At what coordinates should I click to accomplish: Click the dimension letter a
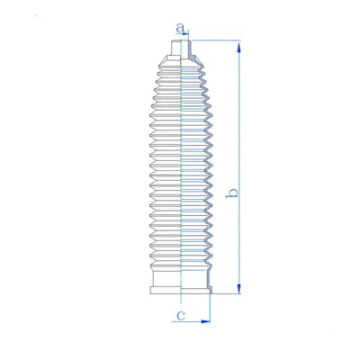click(180, 28)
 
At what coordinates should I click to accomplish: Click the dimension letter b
click(233, 193)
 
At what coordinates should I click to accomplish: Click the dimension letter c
click(181, 315)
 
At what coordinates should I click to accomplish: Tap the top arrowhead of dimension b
click(238, 49)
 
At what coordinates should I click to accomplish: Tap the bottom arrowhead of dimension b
click(238, 289)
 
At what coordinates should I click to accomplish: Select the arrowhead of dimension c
click(205, 321)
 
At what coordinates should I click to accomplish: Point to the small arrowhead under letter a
click(186, 33)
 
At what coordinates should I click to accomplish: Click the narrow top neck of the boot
click(180, 48)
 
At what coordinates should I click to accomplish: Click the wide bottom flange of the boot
click(181, 290)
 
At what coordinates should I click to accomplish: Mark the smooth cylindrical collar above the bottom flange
click(181, 278)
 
